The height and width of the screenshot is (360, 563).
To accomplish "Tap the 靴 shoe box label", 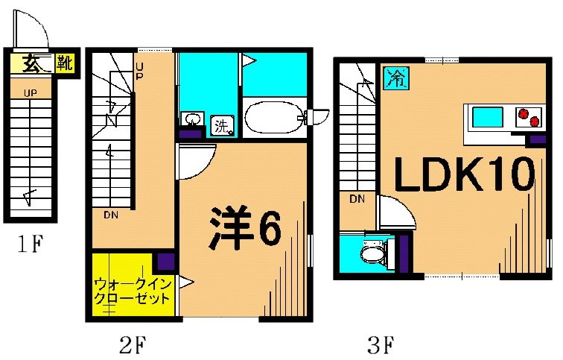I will [x=65, y=63].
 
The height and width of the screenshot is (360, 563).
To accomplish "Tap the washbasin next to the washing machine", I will [x=193, y=119].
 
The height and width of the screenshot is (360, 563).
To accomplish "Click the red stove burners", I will [x=528, y=117].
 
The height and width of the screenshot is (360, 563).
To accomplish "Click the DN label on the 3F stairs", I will [x=357, y=199].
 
